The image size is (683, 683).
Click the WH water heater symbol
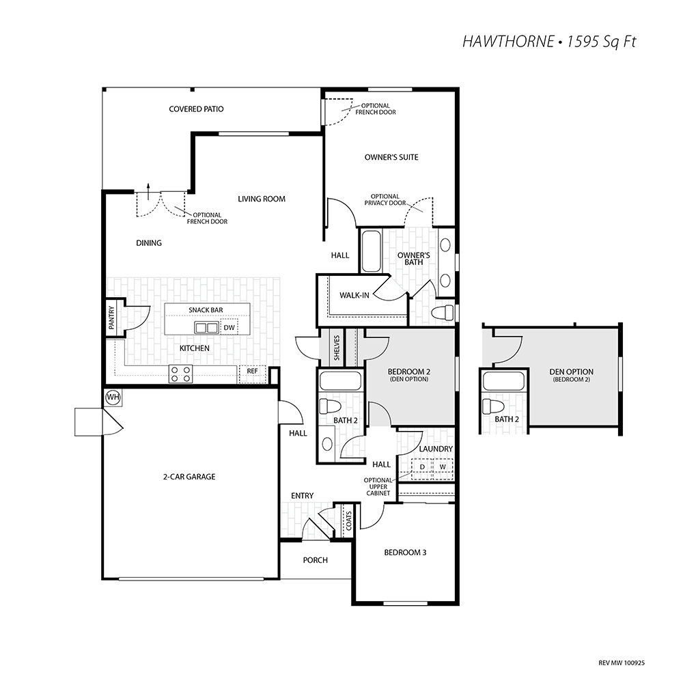pyautogui.click(x=113, y=397)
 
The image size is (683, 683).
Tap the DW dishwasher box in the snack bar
pyautogui.click(x=229, y=327)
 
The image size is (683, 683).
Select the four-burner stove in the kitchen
pyautogui.click(x=181, y=374)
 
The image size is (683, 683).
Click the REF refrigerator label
pyautogui.click(x=252, y=371)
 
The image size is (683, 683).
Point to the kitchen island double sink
pyautogui.click(x=206, y=327)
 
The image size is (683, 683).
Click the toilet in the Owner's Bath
pyautogui.click(x=443, y=312)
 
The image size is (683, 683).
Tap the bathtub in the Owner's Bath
pyautogui.click(x=372, y=251)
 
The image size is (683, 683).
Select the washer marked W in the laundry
pyautogui.click(x=443, y=467)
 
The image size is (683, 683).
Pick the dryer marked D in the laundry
pyautogui.click(x=422, y=467)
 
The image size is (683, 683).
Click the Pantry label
pyautogui.click(x=111, y=317)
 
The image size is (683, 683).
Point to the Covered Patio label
pyautogui.click(x=197, y=109)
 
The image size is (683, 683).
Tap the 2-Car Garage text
pyautogui.click(x=189, y=477)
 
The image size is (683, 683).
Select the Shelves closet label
pyautogui.click(x=337, y=348)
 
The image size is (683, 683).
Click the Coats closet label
pyautogui.click(x=349, y=520)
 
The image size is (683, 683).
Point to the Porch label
pyautogui.click(x=316, y=560)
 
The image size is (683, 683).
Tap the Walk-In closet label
pyautogui.click(x=354, y=295)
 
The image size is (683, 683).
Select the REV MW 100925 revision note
pyautogui.click(x=622, y=663)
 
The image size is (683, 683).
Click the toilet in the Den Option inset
pyautogui.click(x=494, y=406)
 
